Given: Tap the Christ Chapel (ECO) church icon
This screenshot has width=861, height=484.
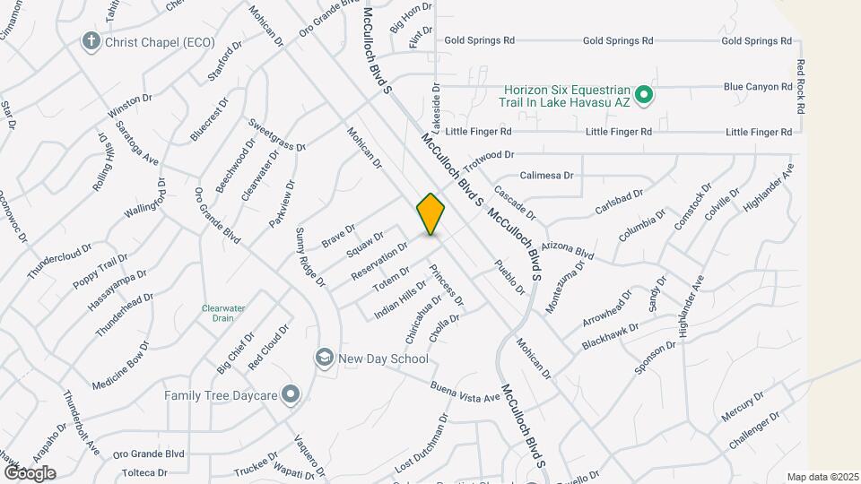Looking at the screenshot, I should coord(90,41).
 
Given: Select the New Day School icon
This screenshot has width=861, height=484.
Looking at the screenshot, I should coord(322,359).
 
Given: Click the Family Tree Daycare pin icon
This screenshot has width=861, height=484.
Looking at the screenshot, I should coord(290,394).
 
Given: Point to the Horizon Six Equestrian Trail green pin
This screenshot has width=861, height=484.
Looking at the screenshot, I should coord(643,94).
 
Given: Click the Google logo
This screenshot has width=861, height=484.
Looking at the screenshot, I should coord(30,472).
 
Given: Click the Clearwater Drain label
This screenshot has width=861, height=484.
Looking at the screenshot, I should coord(229,313).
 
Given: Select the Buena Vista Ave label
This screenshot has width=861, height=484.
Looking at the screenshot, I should coord(464,392).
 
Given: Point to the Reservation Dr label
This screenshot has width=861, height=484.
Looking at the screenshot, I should coord(379,259).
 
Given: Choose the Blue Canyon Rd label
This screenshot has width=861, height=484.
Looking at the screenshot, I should coord(758,87).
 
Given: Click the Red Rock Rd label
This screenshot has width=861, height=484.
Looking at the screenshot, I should coord(800,88).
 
